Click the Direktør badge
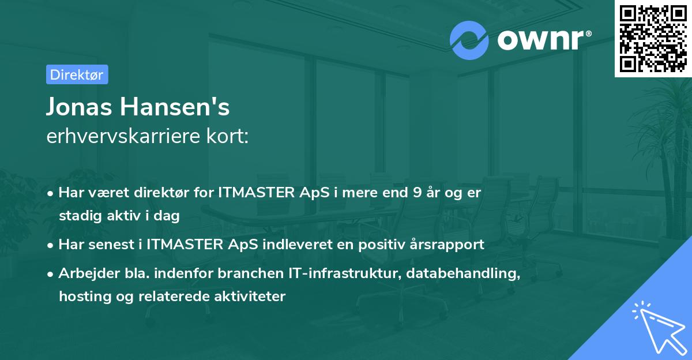[x=77, y=74]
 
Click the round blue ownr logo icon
[x=469, y=40]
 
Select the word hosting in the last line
[x=81, y=297]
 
